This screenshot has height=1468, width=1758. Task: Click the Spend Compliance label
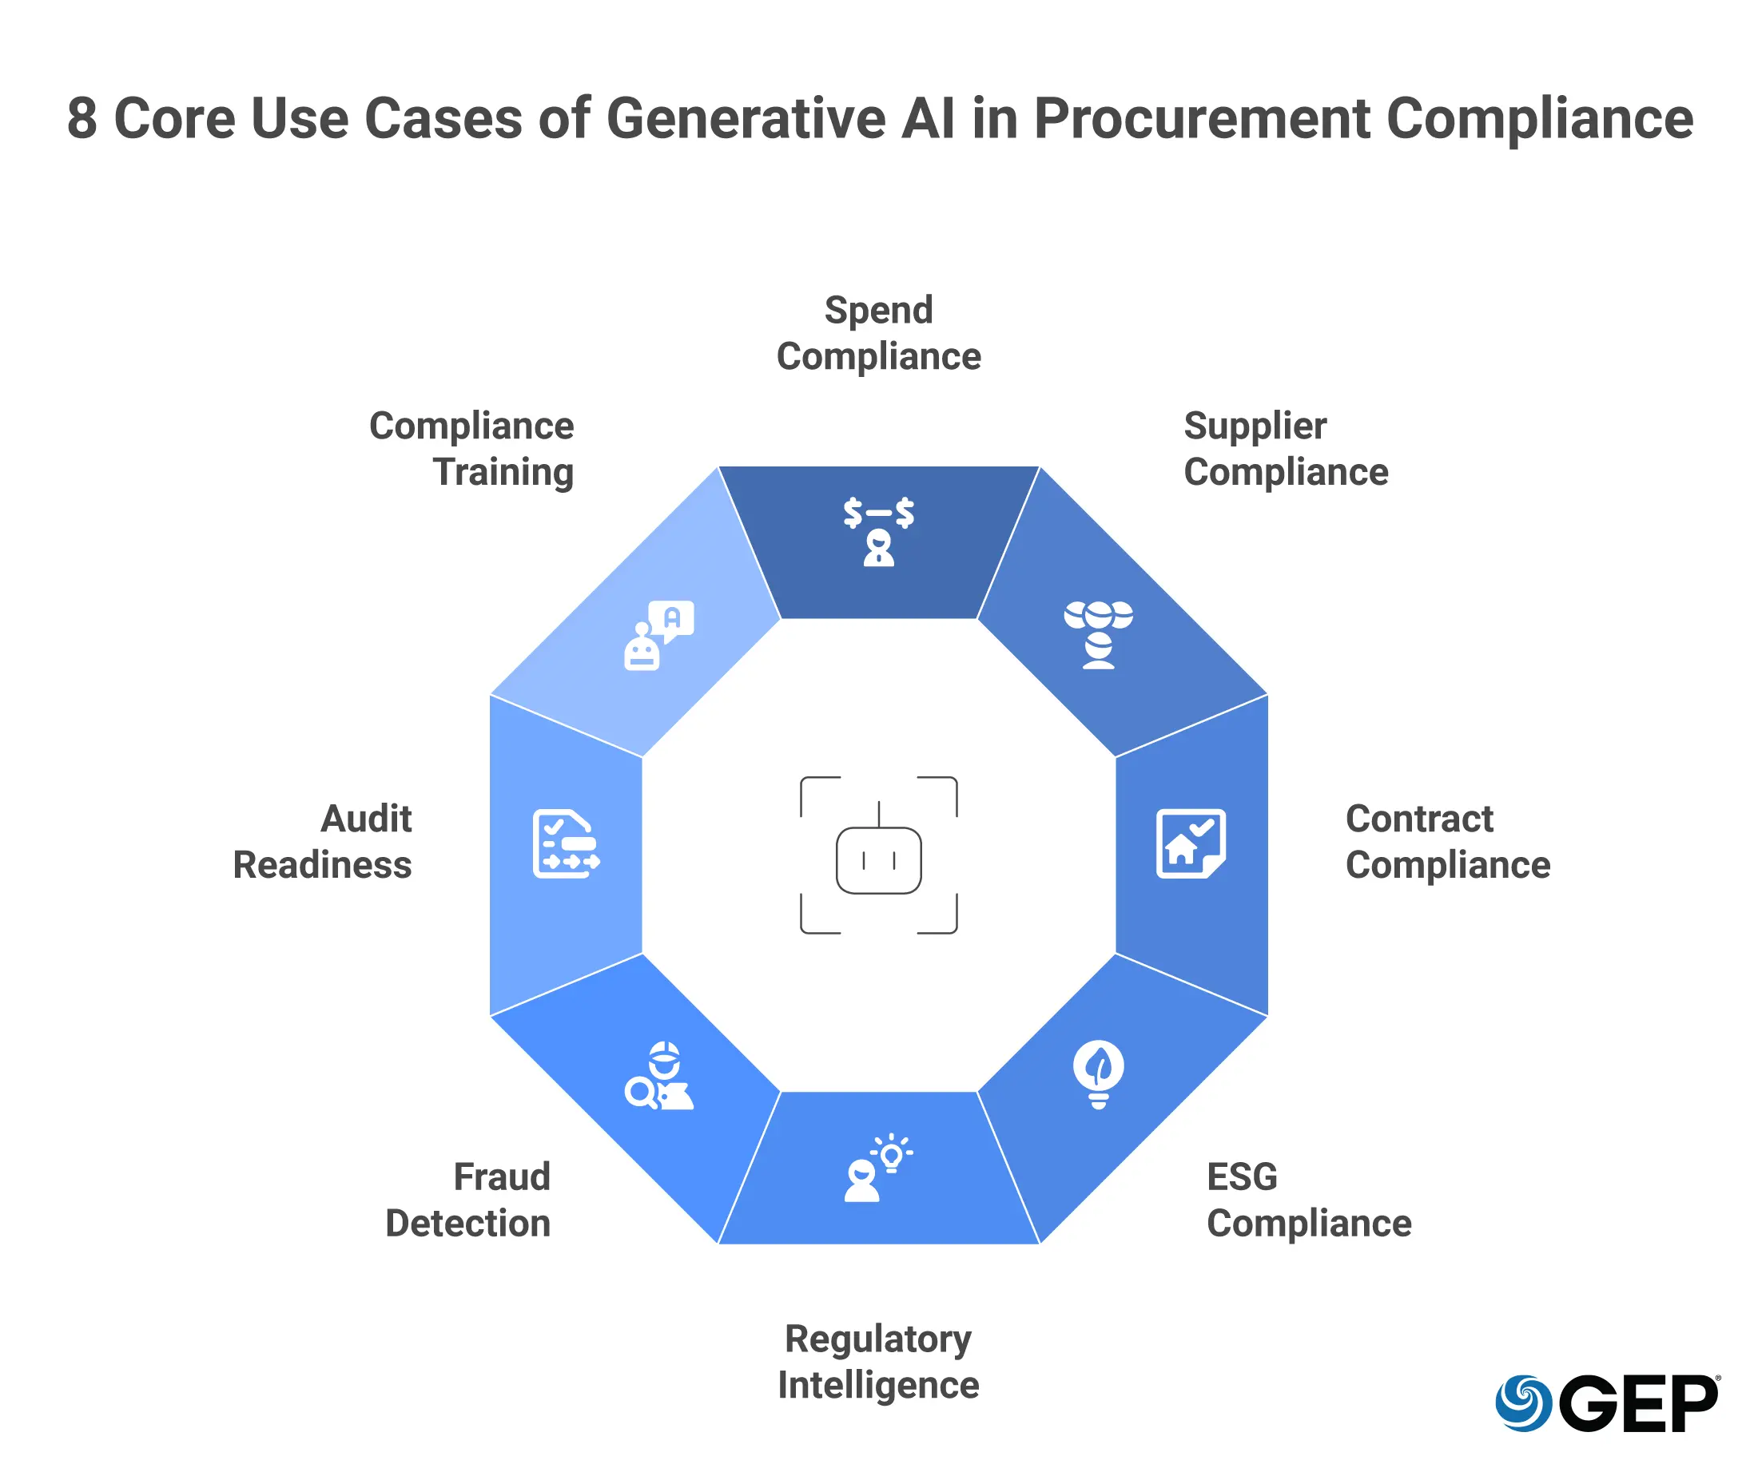tap(878, 333)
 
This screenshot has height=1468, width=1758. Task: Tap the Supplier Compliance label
tap(1286, 450)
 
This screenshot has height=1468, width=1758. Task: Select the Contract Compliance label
tap(1447, 842)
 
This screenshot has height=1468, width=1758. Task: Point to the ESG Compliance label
tap(1308, 1200)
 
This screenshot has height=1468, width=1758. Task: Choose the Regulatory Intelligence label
tap(878, 1362)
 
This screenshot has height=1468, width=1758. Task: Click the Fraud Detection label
tap(468, 1200)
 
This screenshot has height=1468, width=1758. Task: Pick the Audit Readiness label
tap(322, 842)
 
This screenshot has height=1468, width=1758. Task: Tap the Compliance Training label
tap(471, 450)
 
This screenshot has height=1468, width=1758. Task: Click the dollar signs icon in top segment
tap(878, 531)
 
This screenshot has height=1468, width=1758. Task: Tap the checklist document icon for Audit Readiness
tap(567, 843)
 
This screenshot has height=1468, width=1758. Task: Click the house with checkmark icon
tap(1191, 843)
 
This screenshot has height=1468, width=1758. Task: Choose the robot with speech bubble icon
tap(658, 635)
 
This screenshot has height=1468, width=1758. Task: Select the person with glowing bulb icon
tap(878, 1168)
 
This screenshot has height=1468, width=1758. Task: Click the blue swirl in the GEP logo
tap(1524, 1403)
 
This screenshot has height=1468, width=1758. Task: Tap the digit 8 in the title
tap(82, 119)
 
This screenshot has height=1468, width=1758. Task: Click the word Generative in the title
tap(746, 119)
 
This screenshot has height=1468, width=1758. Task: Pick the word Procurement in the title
tap(1202, 119)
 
